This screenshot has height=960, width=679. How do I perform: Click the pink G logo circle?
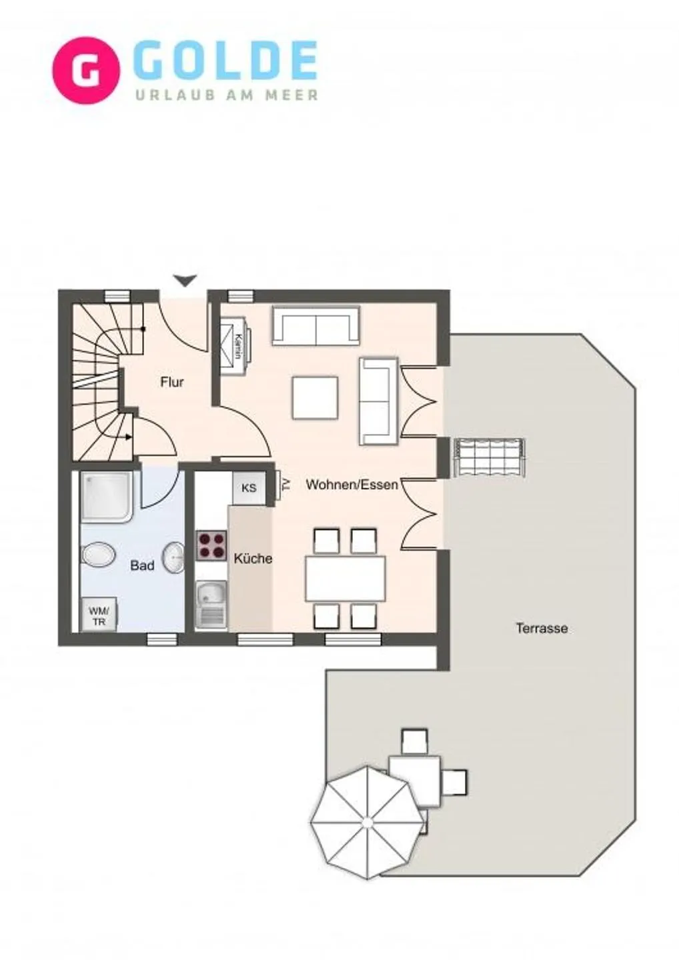(85, 71)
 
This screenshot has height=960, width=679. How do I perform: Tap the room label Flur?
(172, 382)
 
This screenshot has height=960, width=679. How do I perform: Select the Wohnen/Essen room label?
(352, 485)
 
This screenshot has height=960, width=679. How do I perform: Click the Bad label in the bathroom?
(142, 565)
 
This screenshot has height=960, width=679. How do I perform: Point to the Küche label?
(253, 559)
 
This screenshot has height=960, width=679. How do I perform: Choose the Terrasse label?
(542, 628)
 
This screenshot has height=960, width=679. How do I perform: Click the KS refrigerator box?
(249, 488)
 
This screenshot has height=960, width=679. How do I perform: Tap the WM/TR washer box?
(99, 615)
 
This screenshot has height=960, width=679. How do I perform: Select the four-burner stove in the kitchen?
(211, 546)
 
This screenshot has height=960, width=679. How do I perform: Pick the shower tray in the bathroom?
(107, 496)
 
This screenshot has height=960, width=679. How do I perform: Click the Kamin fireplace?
(236, 345)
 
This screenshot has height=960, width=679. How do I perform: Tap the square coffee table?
(315, 398)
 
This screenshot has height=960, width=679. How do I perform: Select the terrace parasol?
(366, 822)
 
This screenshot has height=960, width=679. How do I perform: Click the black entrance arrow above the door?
(185, 280)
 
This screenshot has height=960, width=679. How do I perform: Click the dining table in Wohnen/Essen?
(346, 578)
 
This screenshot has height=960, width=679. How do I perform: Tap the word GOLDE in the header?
(225, 61)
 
